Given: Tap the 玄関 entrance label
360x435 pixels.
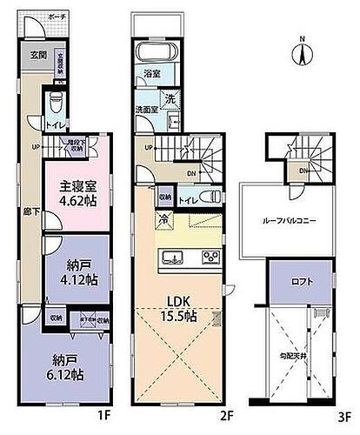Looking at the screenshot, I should (x=39, y=55).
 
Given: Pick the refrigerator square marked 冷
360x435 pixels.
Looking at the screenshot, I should (x=164, y=219).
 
